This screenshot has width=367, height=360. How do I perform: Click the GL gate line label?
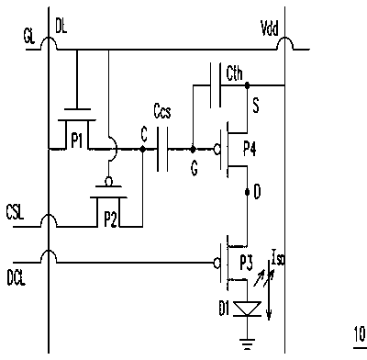[x=29, y=37]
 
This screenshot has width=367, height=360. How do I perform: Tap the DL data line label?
[x=61, y=28]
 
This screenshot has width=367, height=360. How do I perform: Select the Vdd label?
[x=270, y=29]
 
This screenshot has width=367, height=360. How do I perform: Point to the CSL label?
[x=15, y=212]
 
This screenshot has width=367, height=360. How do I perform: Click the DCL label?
[x=17, y=278]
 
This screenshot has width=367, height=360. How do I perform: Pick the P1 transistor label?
[x=77, y=141]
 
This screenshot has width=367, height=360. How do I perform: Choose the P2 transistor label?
[x=110, y=219]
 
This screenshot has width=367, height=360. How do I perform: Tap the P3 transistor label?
[x=246, y=264]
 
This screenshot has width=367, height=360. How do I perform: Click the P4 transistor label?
[x=250, y=150]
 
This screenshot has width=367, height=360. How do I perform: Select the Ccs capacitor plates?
[x=162, y=149]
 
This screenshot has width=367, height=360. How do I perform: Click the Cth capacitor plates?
[x=216, y=85]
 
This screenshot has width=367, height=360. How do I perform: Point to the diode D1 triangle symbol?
[x=247, y=309]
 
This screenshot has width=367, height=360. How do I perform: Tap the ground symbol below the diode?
[x=247, y=343]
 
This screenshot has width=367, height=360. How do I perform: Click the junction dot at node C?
[x=142, y=149]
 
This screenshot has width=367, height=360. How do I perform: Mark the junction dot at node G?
[x=193, y=149]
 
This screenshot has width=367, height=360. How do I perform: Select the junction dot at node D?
[x=247, y=192]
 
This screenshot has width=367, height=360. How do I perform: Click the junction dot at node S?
[x=247, y=85]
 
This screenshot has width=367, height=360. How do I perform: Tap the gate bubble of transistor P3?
[x=217, y=263]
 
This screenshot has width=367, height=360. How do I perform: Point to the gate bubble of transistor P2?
[x=108, y=182]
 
